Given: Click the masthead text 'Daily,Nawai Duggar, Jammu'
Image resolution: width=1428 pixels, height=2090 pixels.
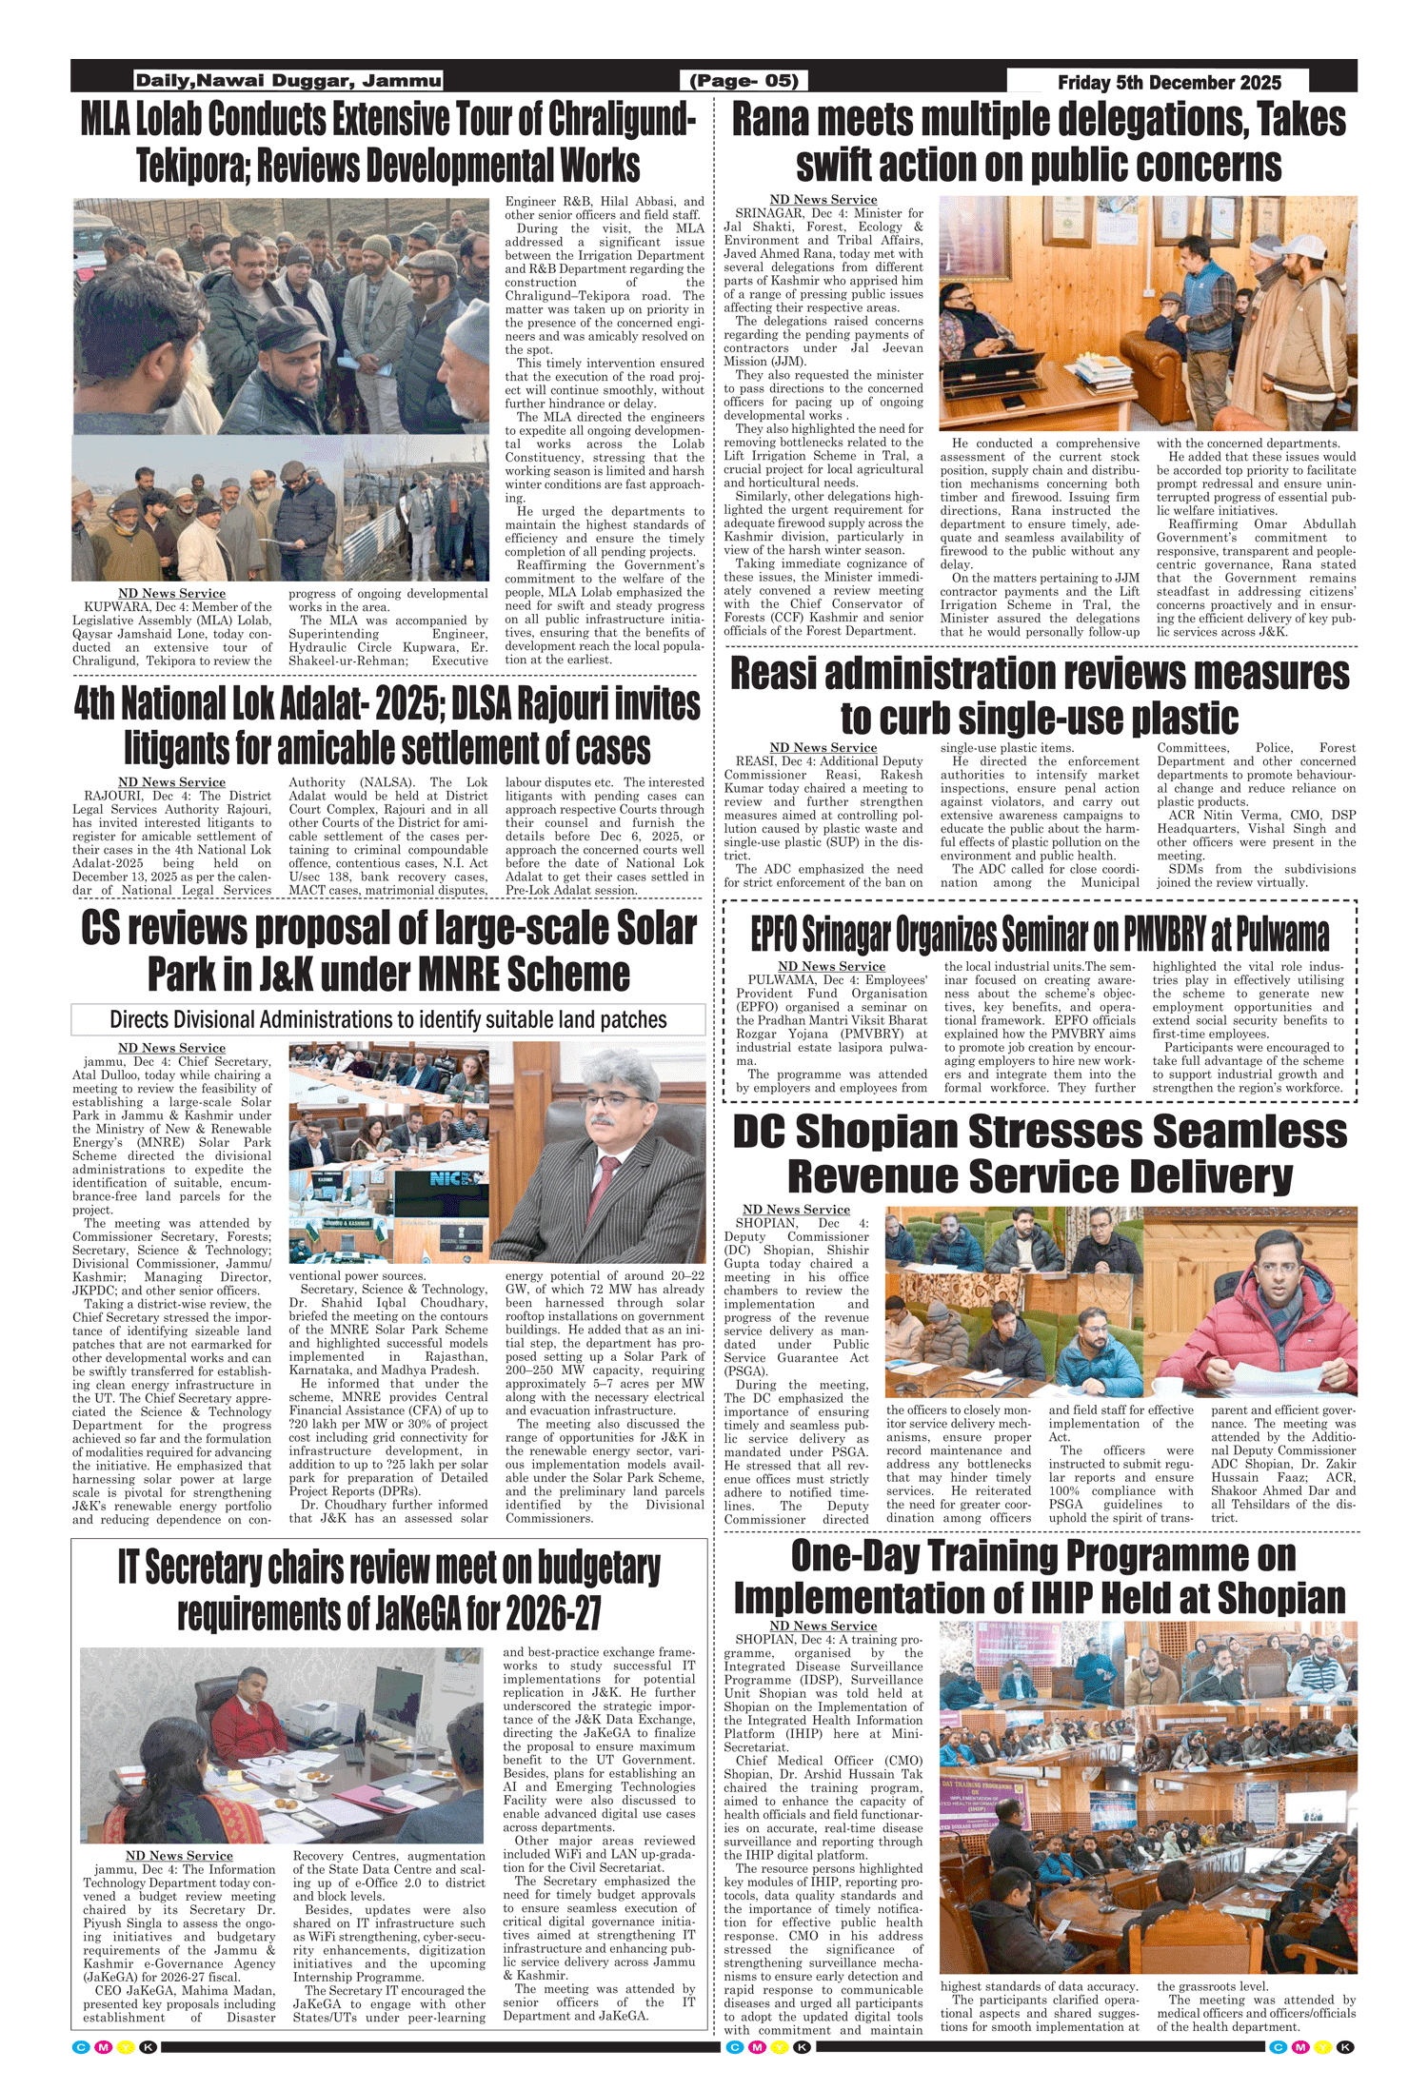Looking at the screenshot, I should pos(288,81).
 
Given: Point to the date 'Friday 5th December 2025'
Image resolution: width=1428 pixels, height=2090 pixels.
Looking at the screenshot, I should pos(1169,83).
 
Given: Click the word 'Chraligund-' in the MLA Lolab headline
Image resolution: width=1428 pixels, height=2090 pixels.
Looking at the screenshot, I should pos(608,120).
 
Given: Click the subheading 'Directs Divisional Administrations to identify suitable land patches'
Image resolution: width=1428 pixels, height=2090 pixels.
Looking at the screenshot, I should pos(387,1019).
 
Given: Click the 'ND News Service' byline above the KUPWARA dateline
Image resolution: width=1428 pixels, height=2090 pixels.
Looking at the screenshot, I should pos(171,593).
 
